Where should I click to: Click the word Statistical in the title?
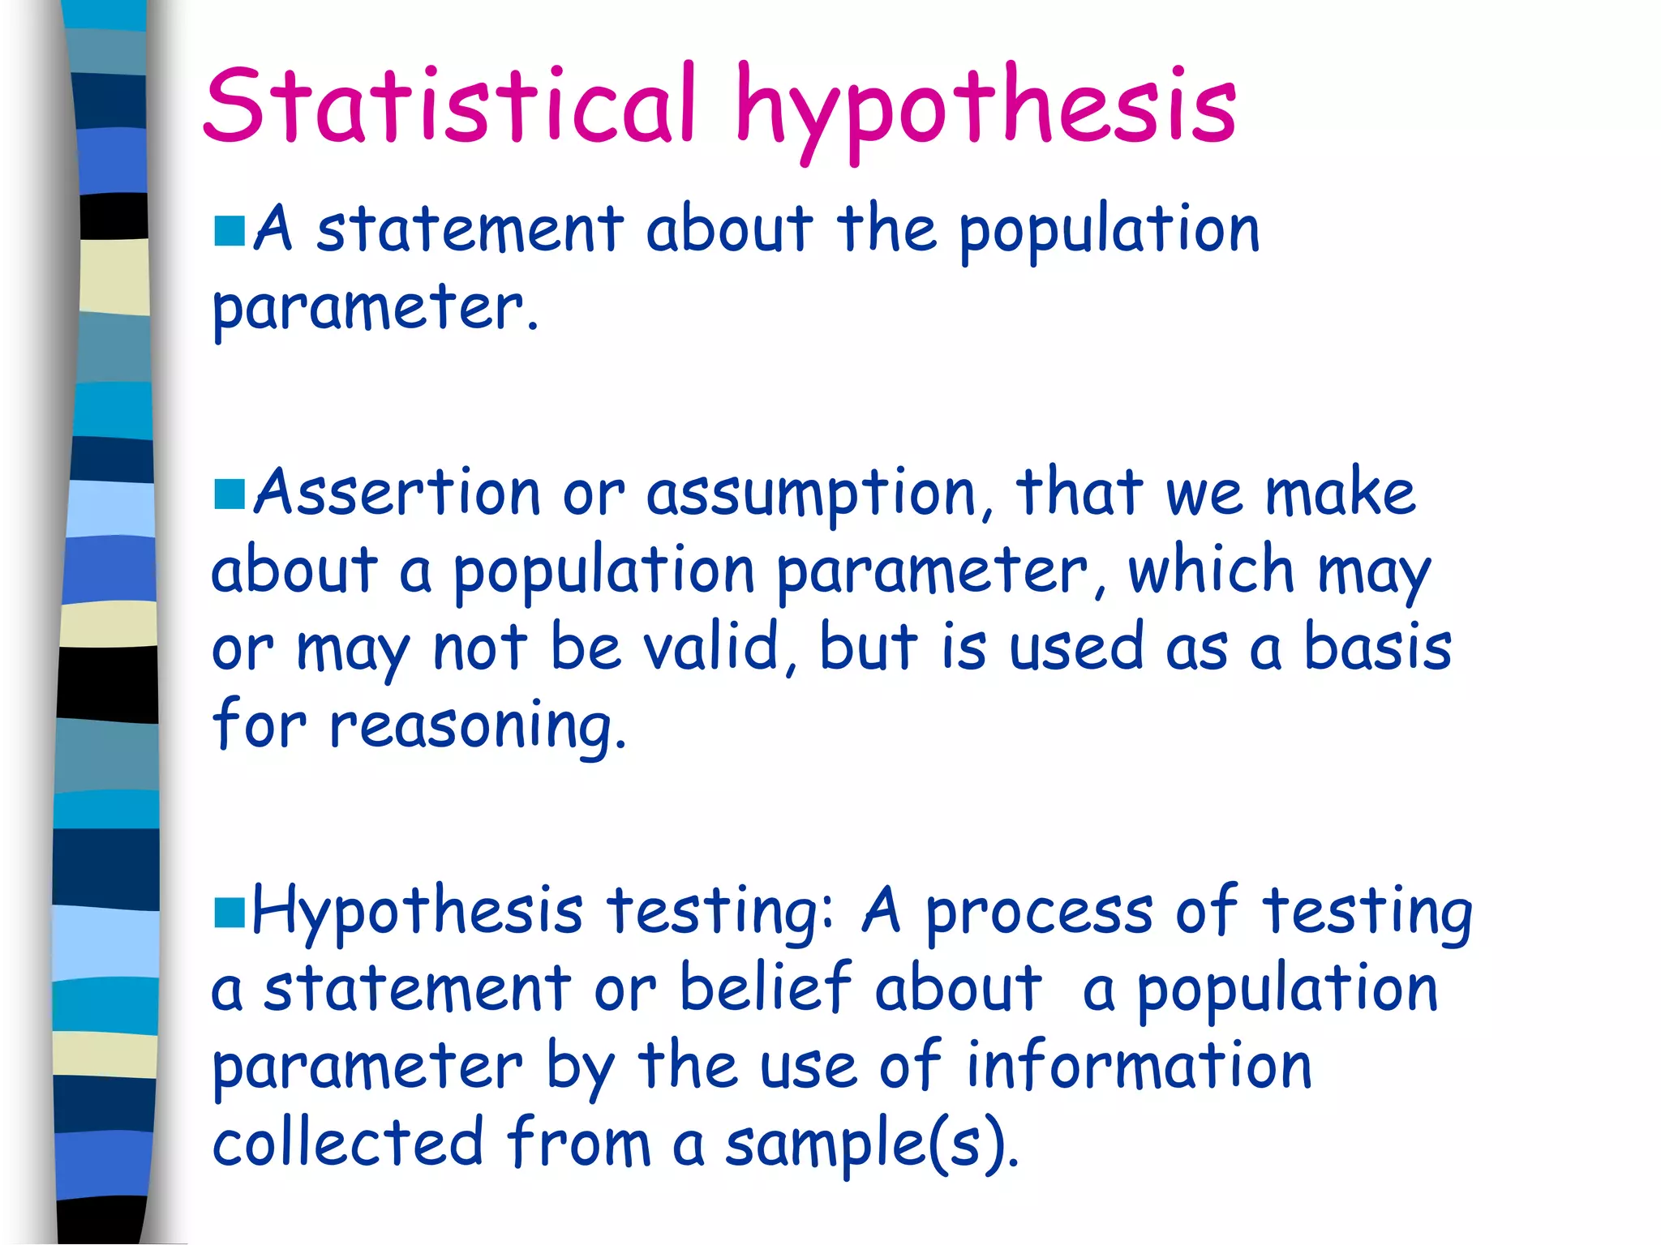pyautogui.click(x=450, y=105)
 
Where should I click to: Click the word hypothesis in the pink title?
pyautogui.click(x=985, y=109)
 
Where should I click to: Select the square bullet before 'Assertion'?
pyautogui.click(x=230, y=494)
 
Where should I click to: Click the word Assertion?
pyautogui.click(x=397, y=493)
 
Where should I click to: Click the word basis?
pyautogui.click(x=1377, y=648)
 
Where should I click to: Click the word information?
pyautogui.click(x=1139, y=1066)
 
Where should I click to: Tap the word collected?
pyautogui.click(x=348, y=1143)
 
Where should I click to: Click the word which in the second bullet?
pyautogui.click(x=1211, y=570)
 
